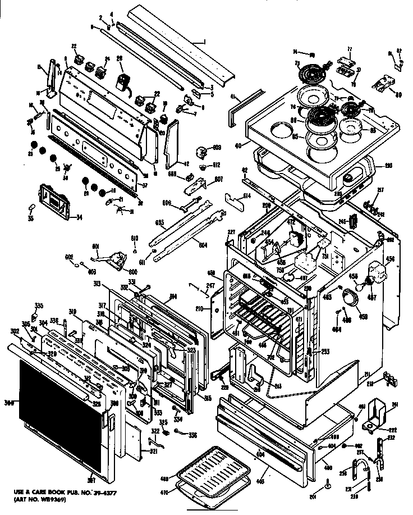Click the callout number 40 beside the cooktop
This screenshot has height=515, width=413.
click(x=238, y=145)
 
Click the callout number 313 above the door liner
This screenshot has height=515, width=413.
click(x=113, y=283)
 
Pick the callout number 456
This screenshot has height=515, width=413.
click(x=391, y=259)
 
